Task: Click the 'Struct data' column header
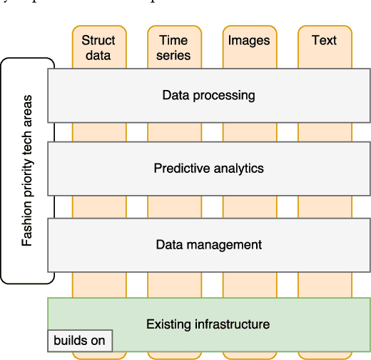click(x=98, y=47)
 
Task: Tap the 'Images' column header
click(x=249, y=41)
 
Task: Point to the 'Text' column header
click(x=324, y=41)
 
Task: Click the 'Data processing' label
click(x=208, y=94)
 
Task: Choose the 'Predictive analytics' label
click(x=208, y=169)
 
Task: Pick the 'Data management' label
click(x=208, y=244)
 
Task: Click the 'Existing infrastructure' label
click(x=208, y=324)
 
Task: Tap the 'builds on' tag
click(x=79, y=341)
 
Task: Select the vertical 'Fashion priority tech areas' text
click(x=27, y=170)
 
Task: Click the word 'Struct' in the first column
click(x=98, y=41)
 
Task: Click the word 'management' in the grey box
click(x=230, y=244)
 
